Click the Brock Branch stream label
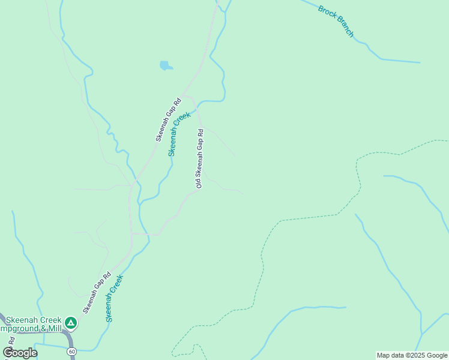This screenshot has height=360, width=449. point(336,22)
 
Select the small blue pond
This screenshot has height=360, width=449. point(166,65)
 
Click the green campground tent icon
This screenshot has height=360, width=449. point(71,323)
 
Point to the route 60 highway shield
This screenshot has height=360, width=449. point(72,351)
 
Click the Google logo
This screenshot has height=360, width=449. point(20,353)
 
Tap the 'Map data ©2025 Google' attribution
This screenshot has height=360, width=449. point(412,355)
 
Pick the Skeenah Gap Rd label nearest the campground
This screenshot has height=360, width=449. point(97,293)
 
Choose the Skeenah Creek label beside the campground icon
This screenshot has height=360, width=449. point(115,298)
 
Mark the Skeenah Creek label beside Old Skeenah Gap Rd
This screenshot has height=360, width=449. point(179,133)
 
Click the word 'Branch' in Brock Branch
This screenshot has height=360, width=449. point(345,28)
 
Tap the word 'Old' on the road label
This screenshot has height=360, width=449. point(198,182)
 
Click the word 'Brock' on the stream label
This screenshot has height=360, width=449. point(326,13)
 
